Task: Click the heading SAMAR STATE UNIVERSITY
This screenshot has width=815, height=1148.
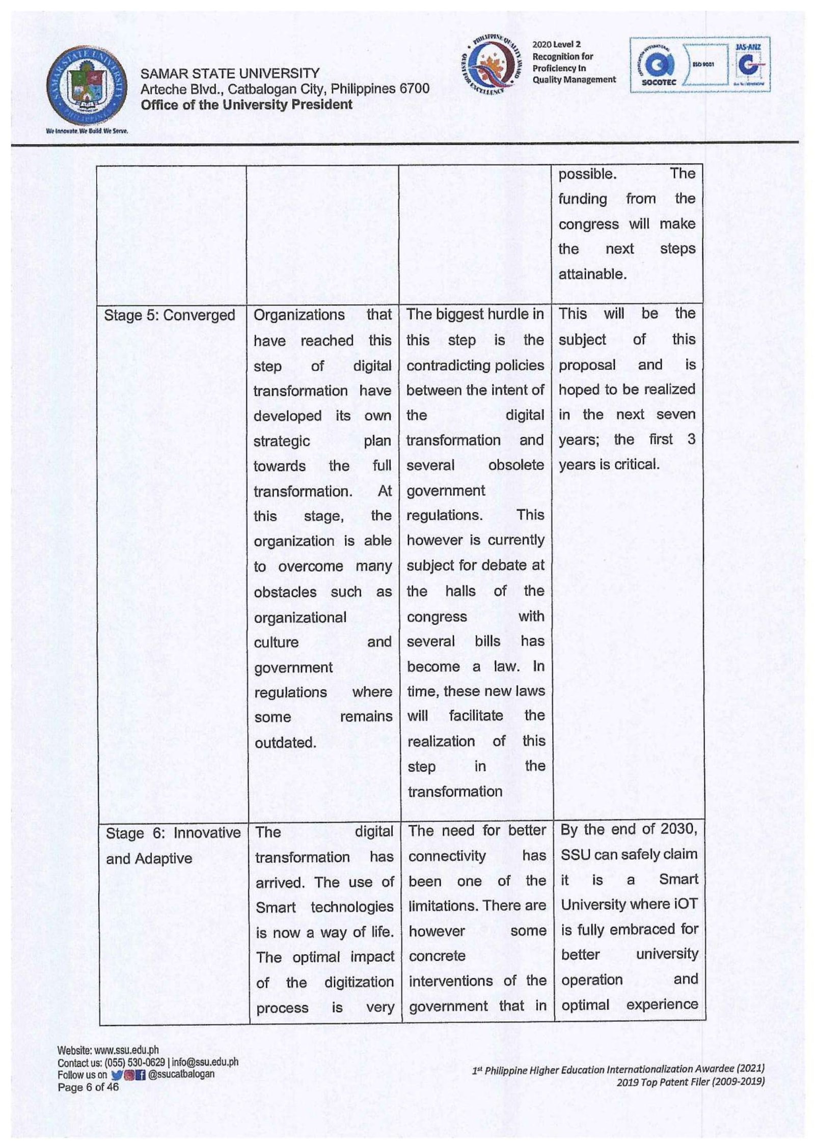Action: tap(230, 74)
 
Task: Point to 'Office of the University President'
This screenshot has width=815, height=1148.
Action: tap(247, 105)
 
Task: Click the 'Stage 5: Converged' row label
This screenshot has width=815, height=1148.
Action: tap(169, 316)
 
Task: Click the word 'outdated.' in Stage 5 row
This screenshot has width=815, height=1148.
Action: tap(285, 742)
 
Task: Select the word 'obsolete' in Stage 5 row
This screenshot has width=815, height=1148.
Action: tap(515, 465)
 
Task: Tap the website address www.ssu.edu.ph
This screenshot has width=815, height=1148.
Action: tap(126, 1050)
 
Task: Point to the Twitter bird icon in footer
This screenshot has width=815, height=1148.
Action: tap(116, 1075)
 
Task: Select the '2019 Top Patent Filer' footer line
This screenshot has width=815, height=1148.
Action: tap(690, 1082)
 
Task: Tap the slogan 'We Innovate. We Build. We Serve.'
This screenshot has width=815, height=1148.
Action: tap(87, 131)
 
